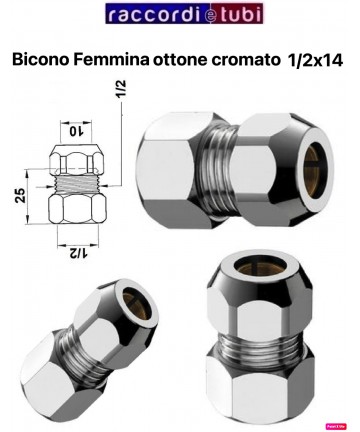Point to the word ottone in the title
(x=189, y=60)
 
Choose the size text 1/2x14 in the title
(x=315, y=60)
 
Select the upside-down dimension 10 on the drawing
(x=76, y=129)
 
